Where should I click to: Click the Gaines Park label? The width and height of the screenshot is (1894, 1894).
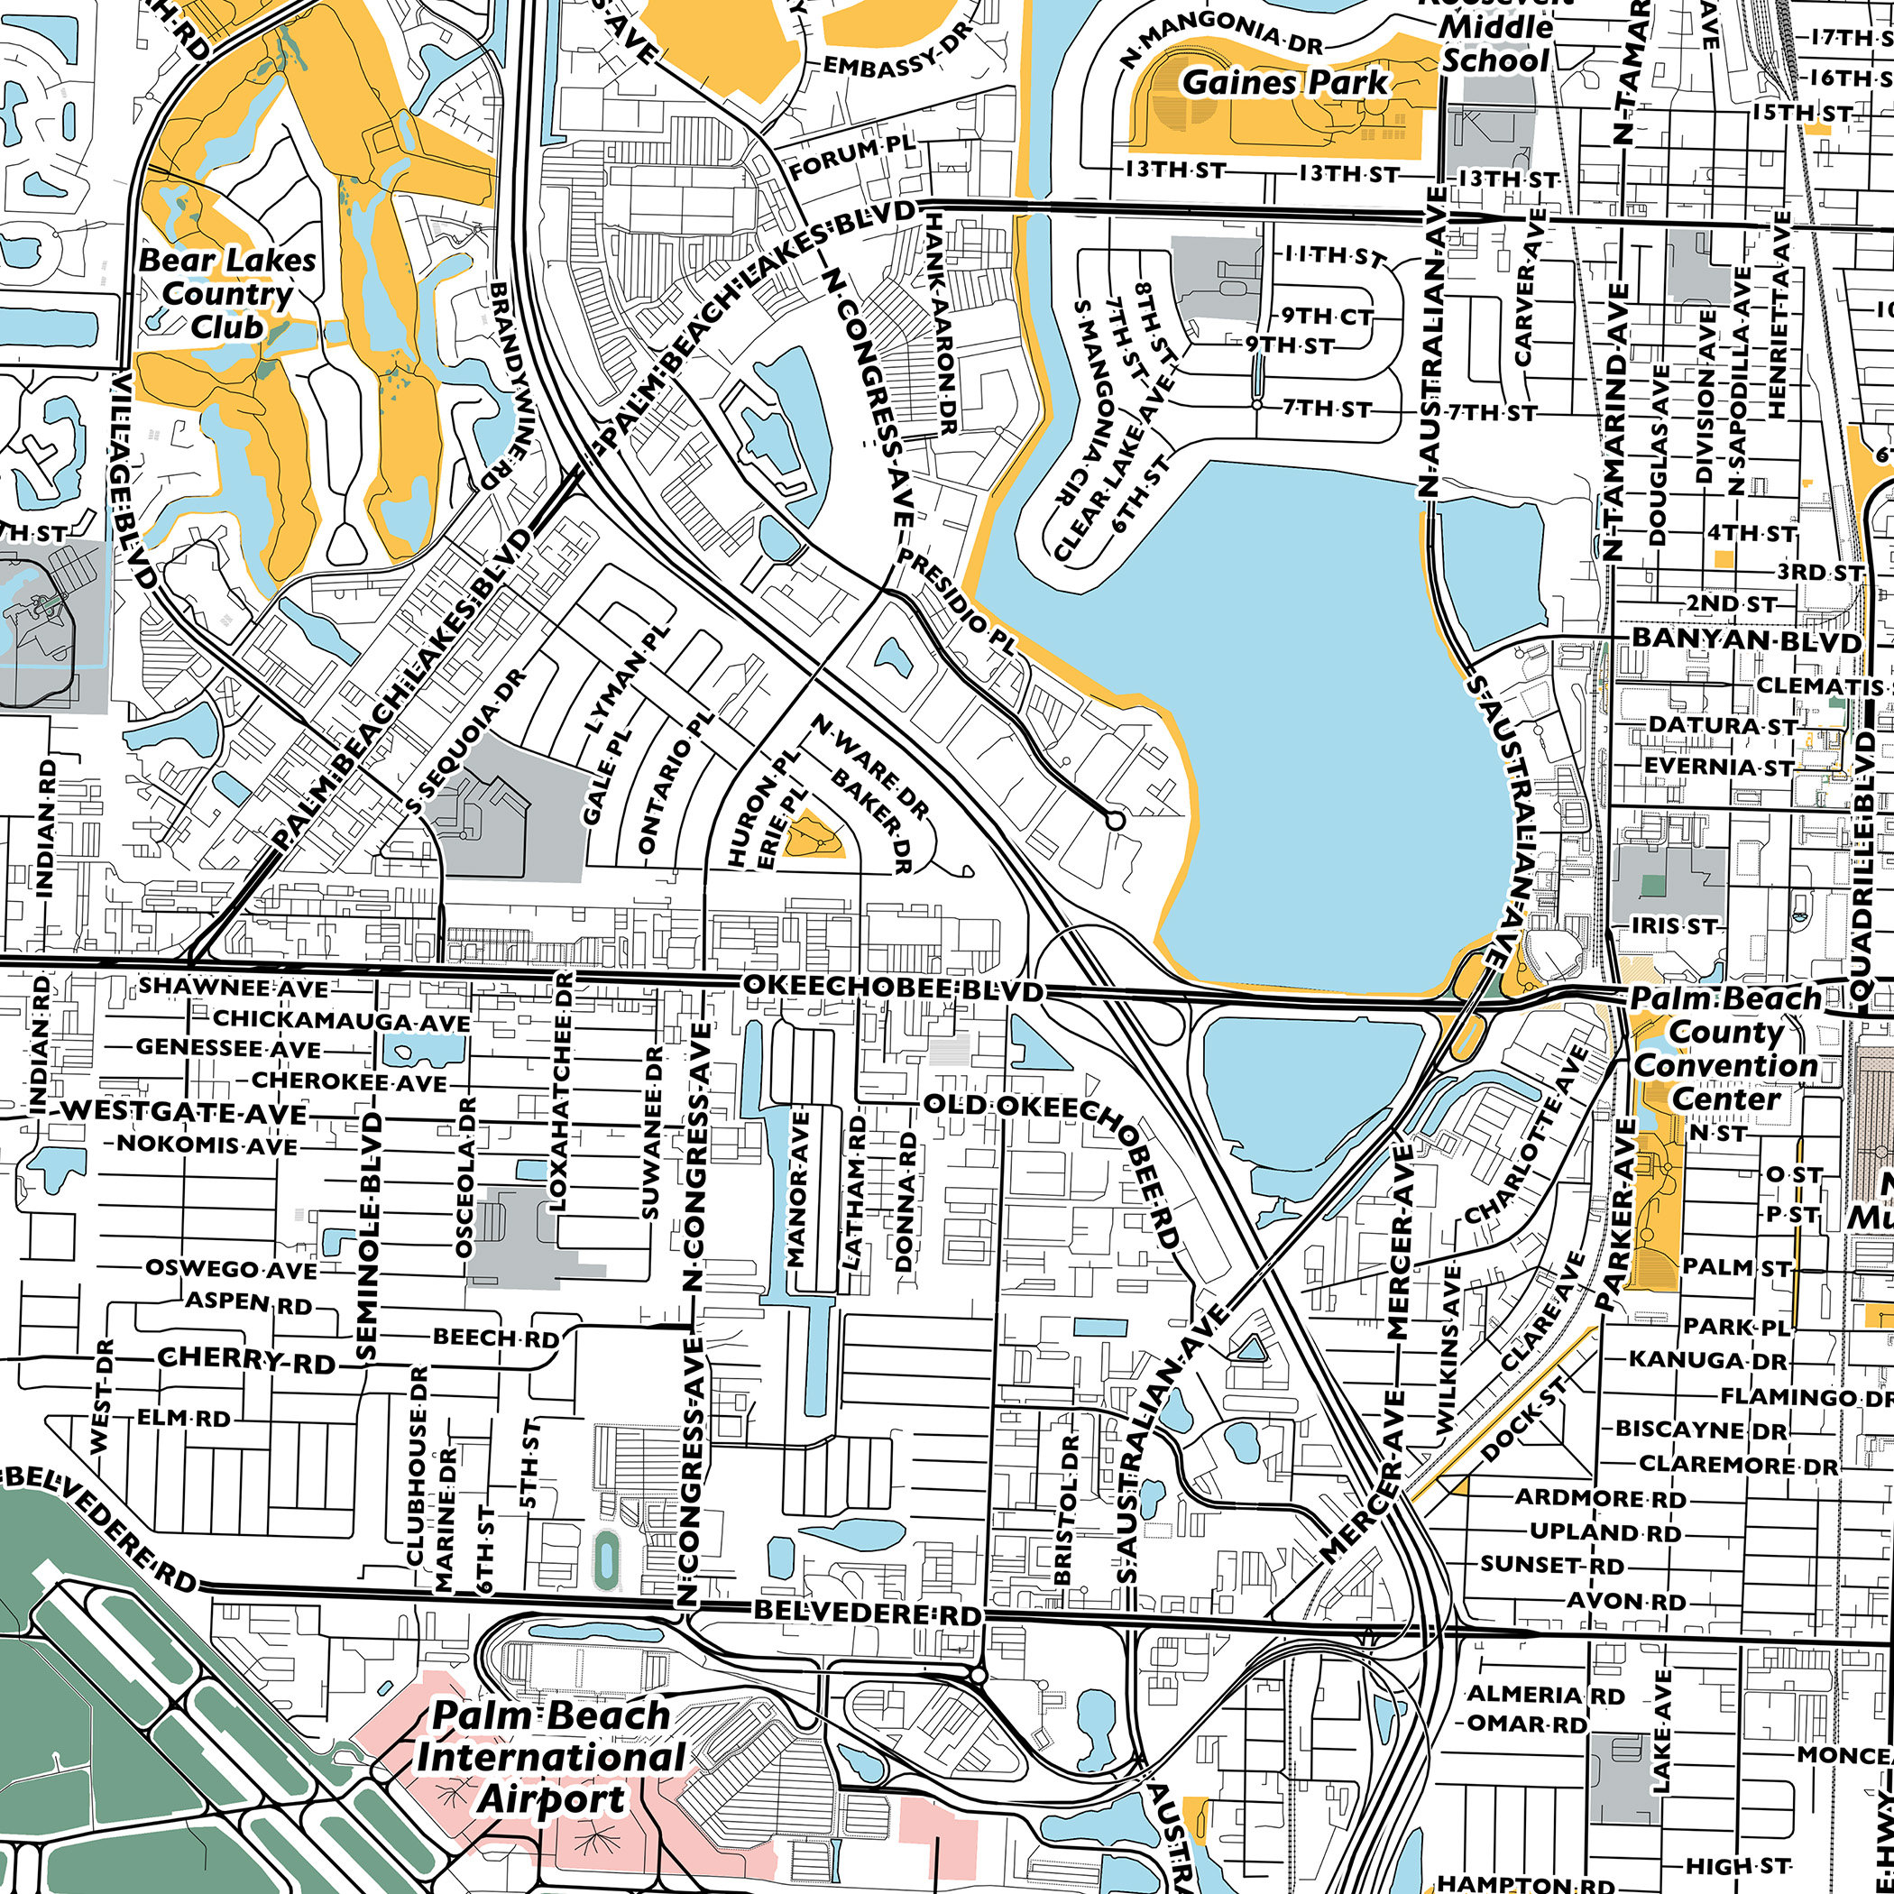[1285, 82]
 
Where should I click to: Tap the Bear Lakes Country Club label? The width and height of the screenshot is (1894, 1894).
[227, 293]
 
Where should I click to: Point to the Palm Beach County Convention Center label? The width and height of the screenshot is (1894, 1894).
[1725, 1048]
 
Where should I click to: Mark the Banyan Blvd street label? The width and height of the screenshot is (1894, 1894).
[1745, 641]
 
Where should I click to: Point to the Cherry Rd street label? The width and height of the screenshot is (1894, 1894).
[246, 1361]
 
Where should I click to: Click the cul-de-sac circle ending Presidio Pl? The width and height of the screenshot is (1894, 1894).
[1114, 820]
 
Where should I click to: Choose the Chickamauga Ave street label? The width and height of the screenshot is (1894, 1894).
[341, 1021]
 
